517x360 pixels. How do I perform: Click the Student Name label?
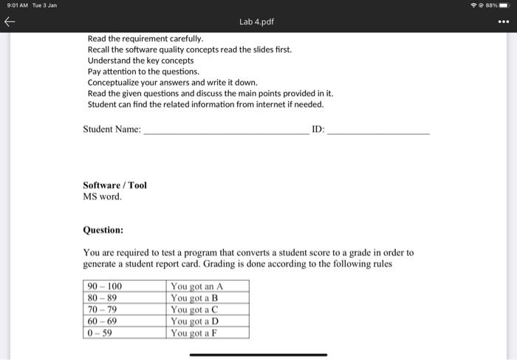(112, 129)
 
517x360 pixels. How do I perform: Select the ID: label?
(318, 129)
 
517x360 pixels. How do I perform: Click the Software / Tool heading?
(114, 185)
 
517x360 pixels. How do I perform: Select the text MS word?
(103, 197)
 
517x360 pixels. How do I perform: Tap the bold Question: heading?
(103, 230)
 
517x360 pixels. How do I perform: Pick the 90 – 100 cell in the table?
(105, 287)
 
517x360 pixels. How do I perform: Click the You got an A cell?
(196, 287)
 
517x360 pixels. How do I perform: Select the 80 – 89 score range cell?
(103, 298)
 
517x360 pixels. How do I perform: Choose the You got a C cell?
(194, 310)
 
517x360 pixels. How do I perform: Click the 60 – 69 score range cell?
(103, 322)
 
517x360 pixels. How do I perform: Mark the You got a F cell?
(194, 333)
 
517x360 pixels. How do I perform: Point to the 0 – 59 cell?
(100, 333)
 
